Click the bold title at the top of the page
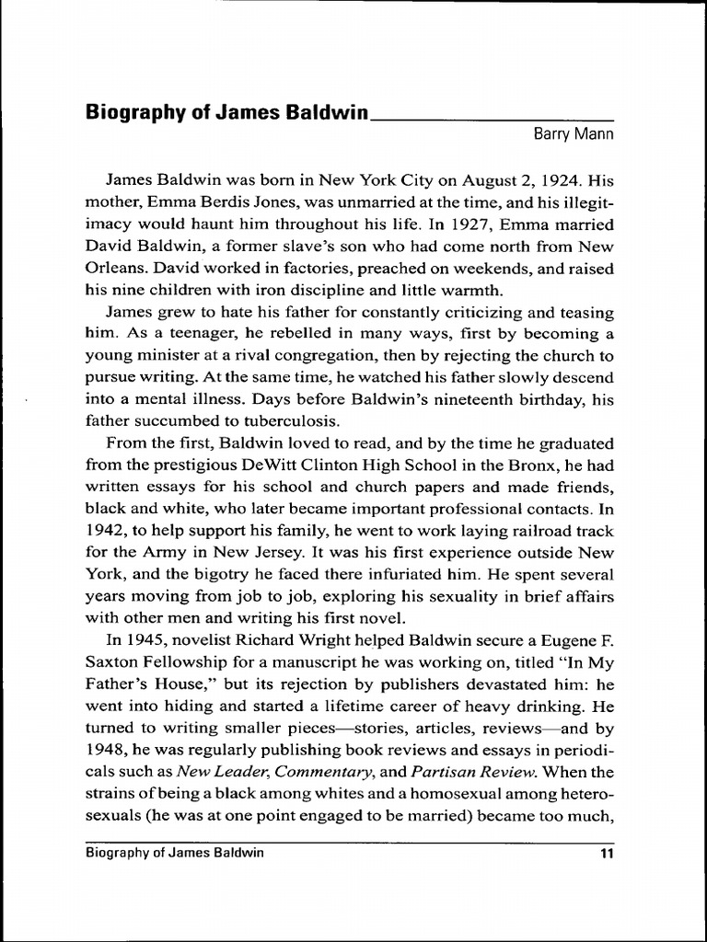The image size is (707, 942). [x=226, y=113]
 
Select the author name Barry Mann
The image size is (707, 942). [x=574, y=134]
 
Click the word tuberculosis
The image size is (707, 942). [x=280, y=422]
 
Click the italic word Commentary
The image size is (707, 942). [x=319, y=774]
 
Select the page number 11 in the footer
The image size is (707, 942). [x=606, y=853]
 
